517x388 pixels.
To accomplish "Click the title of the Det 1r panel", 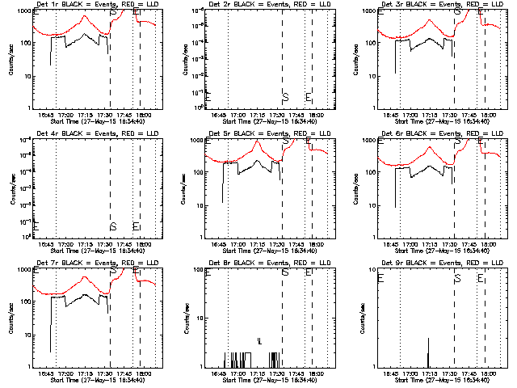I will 89,4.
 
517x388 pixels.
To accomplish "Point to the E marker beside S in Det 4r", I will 136,226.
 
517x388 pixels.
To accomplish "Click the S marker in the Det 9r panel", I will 457,278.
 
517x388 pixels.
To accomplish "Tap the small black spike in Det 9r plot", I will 428,352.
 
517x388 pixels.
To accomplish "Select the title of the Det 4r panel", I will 89,133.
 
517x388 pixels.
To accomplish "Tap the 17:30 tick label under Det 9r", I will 449,373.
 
